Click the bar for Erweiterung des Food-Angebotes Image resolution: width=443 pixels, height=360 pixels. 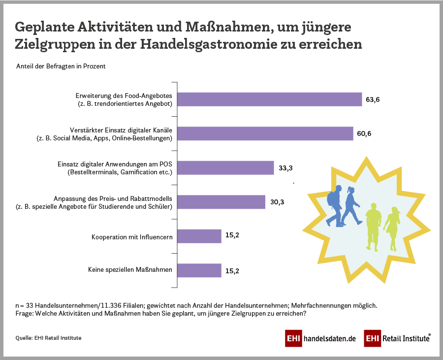[269, 99]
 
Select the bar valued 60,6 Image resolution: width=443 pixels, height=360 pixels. [265, 133]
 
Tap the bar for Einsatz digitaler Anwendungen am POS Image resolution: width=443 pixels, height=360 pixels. [225, 167]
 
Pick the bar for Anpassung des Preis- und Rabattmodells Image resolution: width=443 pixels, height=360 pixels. [221, 202]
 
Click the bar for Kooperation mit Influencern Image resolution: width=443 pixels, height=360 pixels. [199, 236]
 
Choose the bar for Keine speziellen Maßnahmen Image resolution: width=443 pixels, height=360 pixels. [199, 270]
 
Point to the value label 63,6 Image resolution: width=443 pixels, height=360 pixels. [373, 99]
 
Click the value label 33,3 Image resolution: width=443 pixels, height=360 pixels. [285, 168]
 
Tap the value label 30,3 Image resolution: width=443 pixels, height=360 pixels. [277, 202]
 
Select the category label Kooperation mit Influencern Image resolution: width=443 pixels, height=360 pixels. [132, 237]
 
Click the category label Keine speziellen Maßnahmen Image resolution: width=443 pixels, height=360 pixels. [130, 270]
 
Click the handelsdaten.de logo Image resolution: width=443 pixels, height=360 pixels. [320, 339]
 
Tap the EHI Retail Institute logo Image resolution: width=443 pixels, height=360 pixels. [398, 339]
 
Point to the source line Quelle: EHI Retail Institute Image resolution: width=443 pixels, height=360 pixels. [48, 338]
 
